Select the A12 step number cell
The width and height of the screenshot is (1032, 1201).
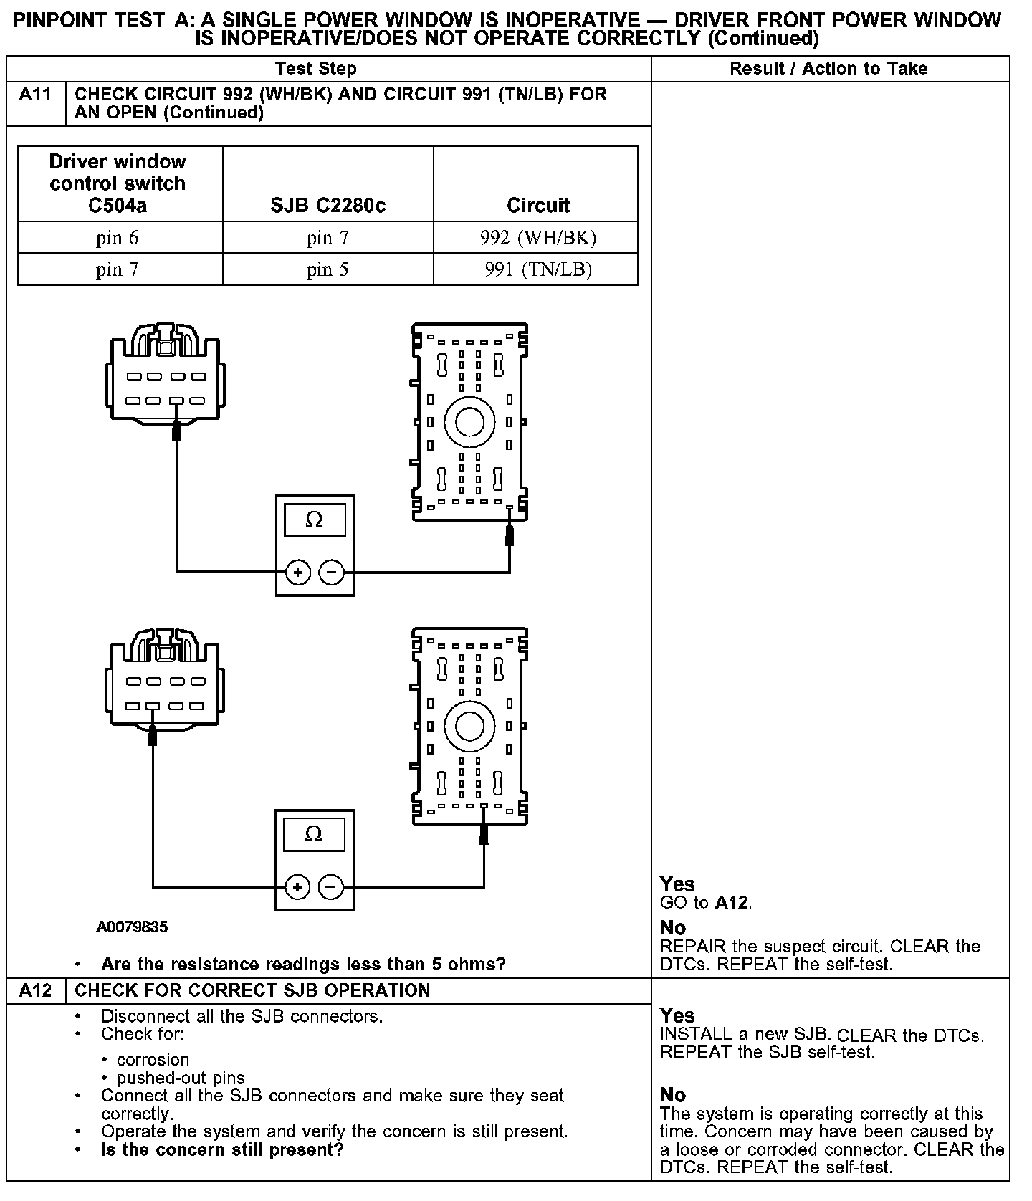[35, 990]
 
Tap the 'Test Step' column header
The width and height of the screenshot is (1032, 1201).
[315, 69]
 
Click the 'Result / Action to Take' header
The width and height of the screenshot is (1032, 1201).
[828, 69]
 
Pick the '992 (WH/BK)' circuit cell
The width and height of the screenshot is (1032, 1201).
[537, 238]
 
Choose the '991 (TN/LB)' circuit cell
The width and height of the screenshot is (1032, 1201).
[537, 269]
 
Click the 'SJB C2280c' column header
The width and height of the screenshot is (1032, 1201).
[328, 206]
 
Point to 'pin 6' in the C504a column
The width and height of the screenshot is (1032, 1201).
[118, 238]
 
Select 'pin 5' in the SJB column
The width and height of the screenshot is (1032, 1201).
[328, 269]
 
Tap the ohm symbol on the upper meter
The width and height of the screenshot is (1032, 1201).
[314, 520]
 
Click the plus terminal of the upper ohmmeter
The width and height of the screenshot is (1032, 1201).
[298, 572]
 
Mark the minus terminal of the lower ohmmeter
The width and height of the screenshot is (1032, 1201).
[330, 887]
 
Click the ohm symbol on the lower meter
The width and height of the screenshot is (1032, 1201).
[313, 834]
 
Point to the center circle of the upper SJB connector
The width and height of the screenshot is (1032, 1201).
[469, 421]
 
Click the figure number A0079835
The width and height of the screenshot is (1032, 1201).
[132, 927]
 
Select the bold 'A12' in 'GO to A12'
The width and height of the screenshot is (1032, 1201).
[731, 903]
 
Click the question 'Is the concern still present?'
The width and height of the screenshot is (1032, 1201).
[222, 1150]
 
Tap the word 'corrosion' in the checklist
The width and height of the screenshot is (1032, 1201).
[153, 1060]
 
